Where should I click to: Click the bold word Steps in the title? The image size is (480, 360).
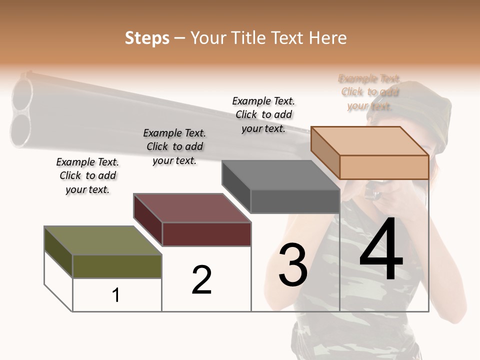[x=147, y=38]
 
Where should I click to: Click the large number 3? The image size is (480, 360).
[x=293, y=265]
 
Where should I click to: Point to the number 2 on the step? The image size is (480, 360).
[x=201, y=280]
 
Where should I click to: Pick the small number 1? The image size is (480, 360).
[x=116, y=295]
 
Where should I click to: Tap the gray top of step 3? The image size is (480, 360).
[x=280, y=175]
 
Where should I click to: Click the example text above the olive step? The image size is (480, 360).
[x=87, y=175]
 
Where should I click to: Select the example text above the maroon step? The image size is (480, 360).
[x=174, y=146]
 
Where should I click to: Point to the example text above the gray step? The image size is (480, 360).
[x=263, y=114]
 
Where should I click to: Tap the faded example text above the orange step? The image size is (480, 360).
[x=369, y=92]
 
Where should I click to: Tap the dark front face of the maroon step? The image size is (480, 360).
[x=206, y=234]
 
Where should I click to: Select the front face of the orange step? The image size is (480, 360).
[x=384, y=167]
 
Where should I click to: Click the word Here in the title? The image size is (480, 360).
[x=329, y=38]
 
